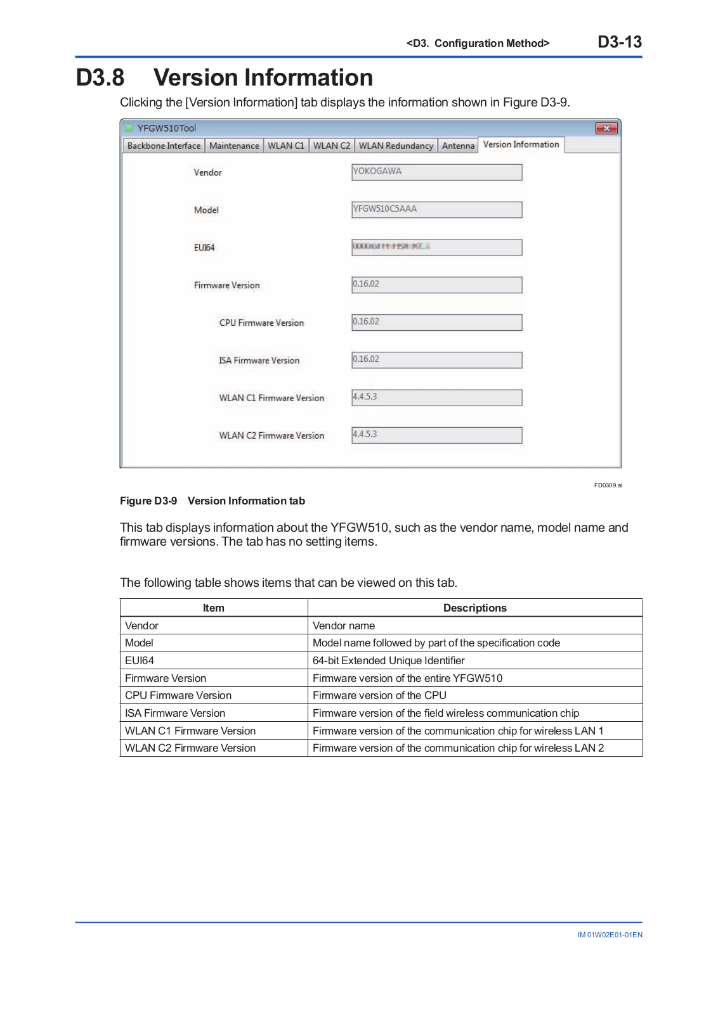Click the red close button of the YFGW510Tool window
tap(606, 128)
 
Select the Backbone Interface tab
tap(164, 146)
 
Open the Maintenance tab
tap(234, 146)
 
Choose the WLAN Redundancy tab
tap(396, 146)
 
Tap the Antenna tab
tap(458, 146)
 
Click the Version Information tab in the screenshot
tap(521, 144)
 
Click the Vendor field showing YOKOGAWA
tap(436, 172)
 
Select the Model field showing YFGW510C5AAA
tap(436, 209)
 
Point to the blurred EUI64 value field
tap(436, 247)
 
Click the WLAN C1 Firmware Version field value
tap(436, 397)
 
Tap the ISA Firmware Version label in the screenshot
tap(259, 361)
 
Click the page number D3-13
tap(620, 42)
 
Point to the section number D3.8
tap(100, 78)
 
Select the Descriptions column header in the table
tap(474, 608)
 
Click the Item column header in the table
tap(214, 608)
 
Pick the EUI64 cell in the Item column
tap(140, 660)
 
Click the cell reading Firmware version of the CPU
tap(379, 695)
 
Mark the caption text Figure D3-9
tap(148, 501)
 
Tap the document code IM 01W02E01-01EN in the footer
tap(610, 935)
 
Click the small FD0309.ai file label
tap(608, 485)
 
